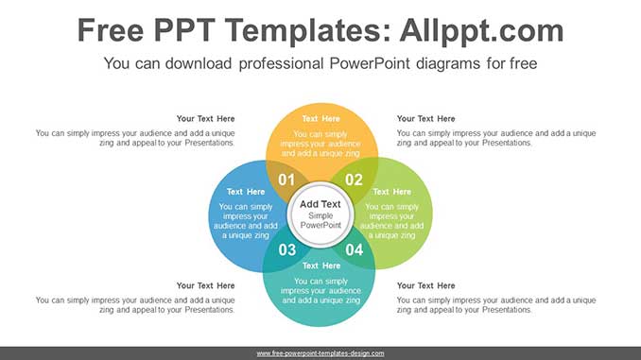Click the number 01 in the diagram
tap(286, 180)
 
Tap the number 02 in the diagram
tap(354, 180)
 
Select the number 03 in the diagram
tap(286, 249)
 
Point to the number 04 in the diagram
tap(354, 249)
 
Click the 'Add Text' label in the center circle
tap(320, 204)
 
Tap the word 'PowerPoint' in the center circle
tap(320, 225)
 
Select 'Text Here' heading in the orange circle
tap(320, 119)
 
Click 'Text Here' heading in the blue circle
tap(246, 192)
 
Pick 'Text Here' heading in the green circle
tap(391, 192)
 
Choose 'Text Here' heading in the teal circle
tap(320, 266)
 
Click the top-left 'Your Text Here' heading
tap(205, 119)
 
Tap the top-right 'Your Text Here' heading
tap(425, 119)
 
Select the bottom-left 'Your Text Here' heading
tap(205, 285)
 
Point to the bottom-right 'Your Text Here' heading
tap(425, 285)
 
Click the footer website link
tap(320, 353)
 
